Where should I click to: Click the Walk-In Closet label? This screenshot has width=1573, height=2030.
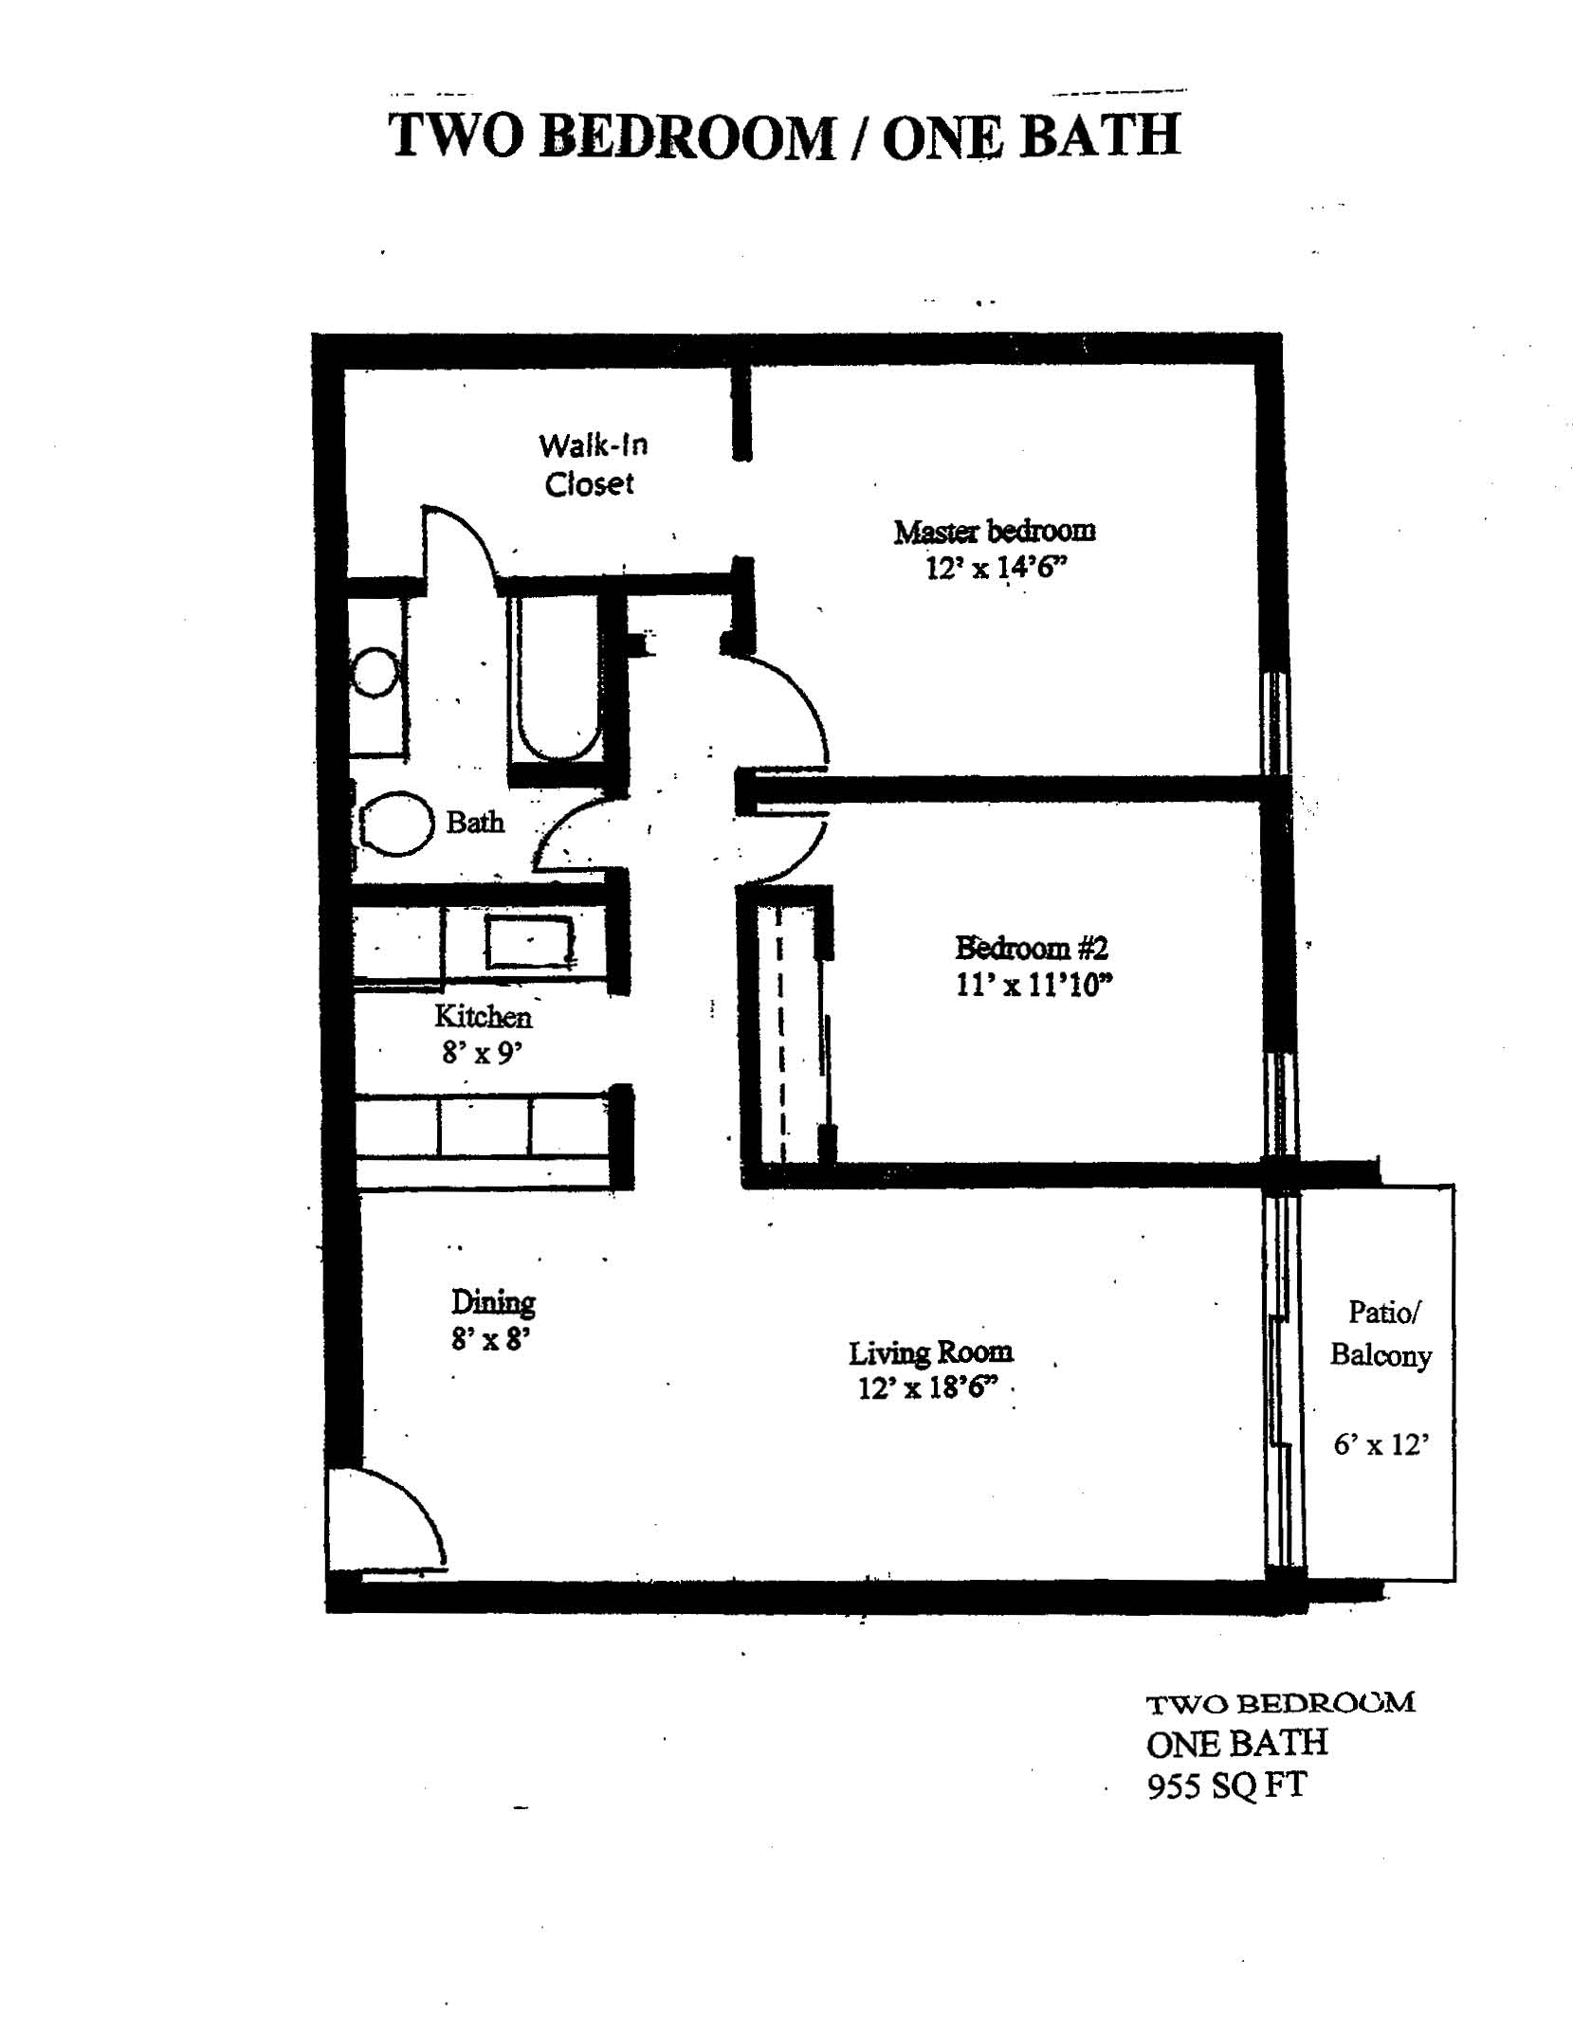[x=593, y=464]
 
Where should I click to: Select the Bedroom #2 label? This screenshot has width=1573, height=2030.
[x=1032, y=947]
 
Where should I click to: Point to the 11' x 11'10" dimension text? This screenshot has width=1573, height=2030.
[x=1033, y=986]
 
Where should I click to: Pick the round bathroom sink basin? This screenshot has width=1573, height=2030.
[x=374, y=673]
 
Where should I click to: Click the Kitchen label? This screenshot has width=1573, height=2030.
[x=483, y=1017]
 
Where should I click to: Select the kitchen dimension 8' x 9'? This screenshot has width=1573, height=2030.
[x=482, y=1052]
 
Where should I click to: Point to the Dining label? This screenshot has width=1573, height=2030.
[x=493, y=1302]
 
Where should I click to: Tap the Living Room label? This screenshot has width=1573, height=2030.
[x=930, y=1352]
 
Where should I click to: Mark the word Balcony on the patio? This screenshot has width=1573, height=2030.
[x=1381, y=1356]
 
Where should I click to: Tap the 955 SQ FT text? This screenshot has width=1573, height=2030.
[x=1227, y=1785]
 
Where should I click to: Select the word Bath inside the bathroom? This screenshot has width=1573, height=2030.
[x=475, y=822]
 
